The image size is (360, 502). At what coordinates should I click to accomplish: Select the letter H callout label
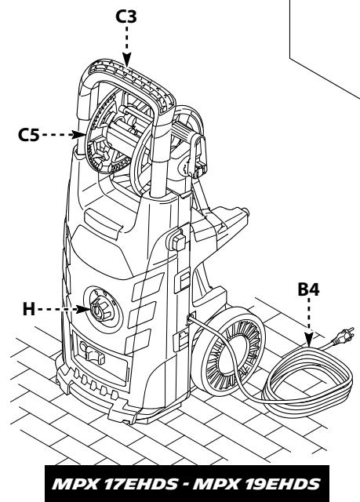pos(28,308)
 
